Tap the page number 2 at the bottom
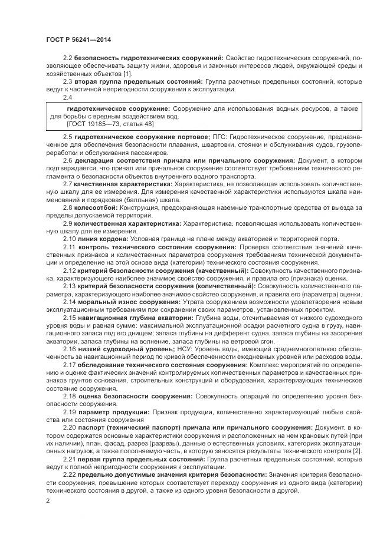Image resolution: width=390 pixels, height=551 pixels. click(48, 500)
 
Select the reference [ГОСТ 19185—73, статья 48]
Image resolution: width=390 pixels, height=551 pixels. click(103, 125)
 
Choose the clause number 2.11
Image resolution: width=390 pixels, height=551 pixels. click(69, 246)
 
